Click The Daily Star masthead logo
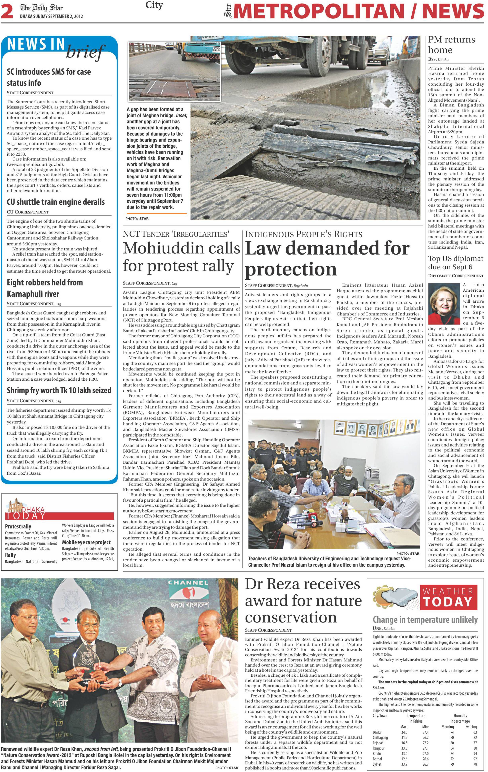tap(41, 8)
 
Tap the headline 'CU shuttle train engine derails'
tap(56, 202)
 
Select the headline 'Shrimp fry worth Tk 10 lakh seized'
tap(59, 390)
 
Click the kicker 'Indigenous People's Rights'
tap(304, 234)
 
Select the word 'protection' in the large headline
tap(291, 269)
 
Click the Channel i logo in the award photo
tap(188, 592)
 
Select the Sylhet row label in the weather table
tap(377, 764)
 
